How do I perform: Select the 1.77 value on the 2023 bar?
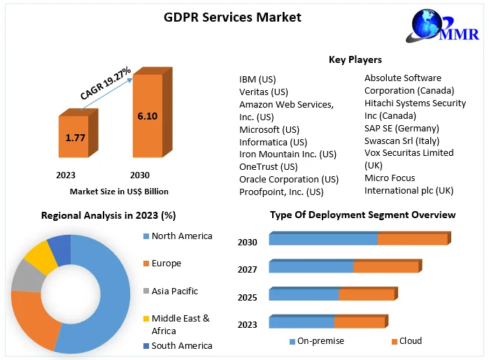pos(75,138)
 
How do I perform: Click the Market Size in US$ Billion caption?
pos(119,191)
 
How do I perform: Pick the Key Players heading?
pos(355,59)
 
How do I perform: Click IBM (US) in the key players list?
pos(258,79)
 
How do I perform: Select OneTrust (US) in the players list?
pos(269,166)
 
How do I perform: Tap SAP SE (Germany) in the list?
pos(402,128)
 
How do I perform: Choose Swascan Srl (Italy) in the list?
pos(402,141)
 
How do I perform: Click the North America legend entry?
pos(181,236)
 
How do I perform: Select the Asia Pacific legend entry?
pos(174,291)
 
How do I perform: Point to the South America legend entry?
pos(181,345)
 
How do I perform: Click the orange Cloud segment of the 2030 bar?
pos(412,239)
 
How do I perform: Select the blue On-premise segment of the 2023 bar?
pos(301,322)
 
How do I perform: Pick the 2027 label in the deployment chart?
pos(248,270)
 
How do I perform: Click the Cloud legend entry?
pos(410,341)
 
